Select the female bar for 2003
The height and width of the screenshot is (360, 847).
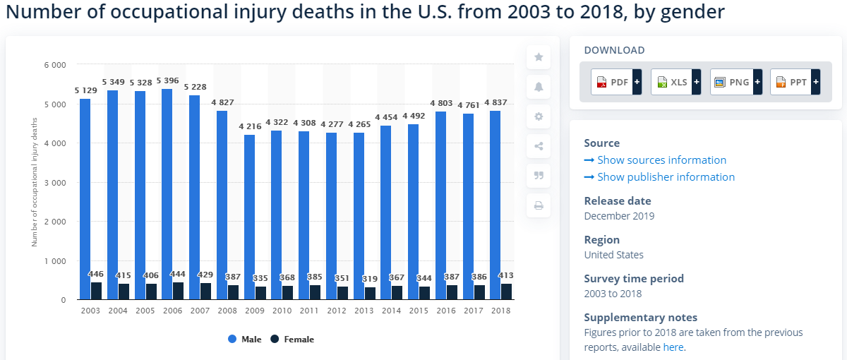pos(96,291)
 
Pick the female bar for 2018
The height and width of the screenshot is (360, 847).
pos(506,292)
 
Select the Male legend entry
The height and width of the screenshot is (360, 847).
pos(244,340)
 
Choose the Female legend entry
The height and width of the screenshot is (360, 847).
pos(292,340)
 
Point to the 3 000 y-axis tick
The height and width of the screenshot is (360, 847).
pos(54,182)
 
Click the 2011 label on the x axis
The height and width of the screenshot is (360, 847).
pos(309,311)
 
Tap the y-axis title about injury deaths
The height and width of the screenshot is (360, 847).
pos(33,182)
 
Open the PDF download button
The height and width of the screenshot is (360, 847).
pos(616,83)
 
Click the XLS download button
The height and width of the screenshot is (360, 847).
pos(675,83)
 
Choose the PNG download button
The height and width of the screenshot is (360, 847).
pos(735,83)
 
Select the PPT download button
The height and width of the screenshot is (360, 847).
pos(795,83)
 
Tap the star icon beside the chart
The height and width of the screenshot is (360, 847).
pos(539,57)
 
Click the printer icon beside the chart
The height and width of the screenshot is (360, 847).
pos(539,205)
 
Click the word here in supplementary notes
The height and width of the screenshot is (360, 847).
pos(673,347)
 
